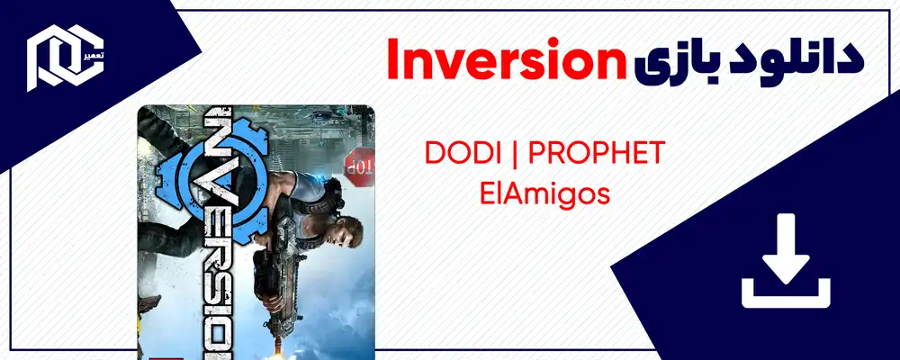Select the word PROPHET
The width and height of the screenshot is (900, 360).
tap(597, 153)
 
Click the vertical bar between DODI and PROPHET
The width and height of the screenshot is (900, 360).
tap(513, 153)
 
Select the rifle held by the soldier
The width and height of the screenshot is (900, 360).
tap(270, 270)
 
